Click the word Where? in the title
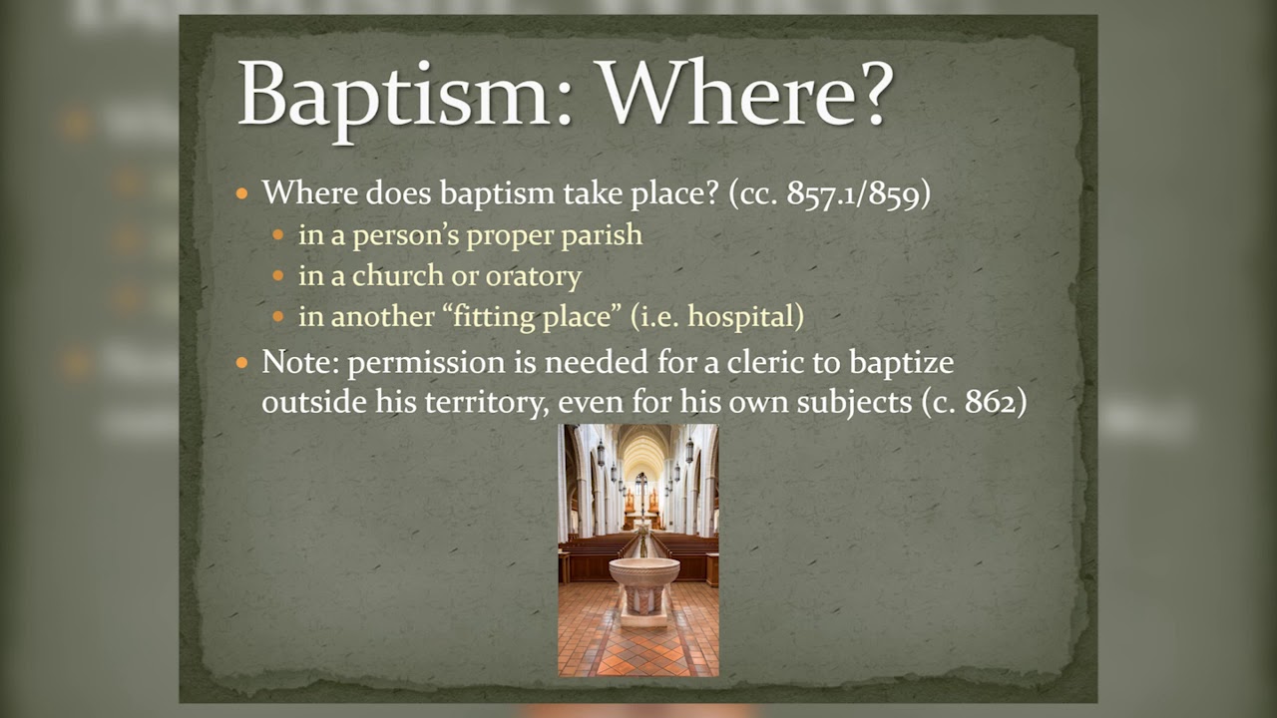[x=744, y=94]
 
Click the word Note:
[x=301, y=362]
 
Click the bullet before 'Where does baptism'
[x=241, y=193]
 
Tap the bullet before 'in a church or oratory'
[x=278, y=277]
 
